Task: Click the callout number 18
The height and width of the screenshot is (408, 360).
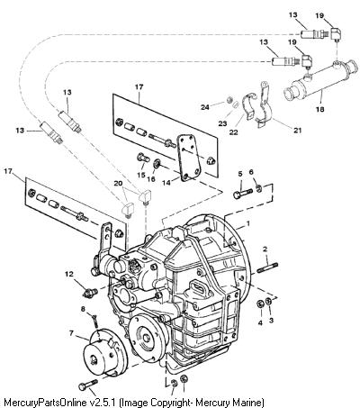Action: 320,109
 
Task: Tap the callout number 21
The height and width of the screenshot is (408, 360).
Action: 298,131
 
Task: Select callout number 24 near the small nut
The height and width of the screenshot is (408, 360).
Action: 205,106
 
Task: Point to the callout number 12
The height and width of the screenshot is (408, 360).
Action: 69,274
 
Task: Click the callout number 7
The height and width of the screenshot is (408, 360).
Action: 71,333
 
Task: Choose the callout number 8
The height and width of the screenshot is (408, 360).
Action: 83,308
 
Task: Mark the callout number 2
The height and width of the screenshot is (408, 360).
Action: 265,249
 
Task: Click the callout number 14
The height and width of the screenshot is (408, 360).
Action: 166,183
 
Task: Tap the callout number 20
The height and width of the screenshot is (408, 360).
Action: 118,183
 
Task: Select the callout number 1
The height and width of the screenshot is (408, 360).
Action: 248,223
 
